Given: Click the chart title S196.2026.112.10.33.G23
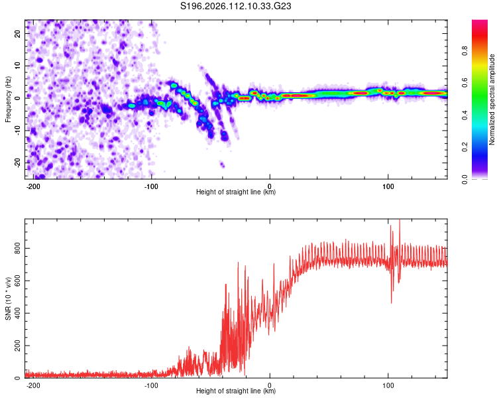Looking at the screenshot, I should (237, 7).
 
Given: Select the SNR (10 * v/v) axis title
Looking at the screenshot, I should (8, 298).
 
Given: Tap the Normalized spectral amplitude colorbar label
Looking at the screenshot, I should (492, 99).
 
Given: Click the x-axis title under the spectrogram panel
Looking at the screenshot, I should (236, 192).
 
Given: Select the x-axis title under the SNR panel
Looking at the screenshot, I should (236, 391).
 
